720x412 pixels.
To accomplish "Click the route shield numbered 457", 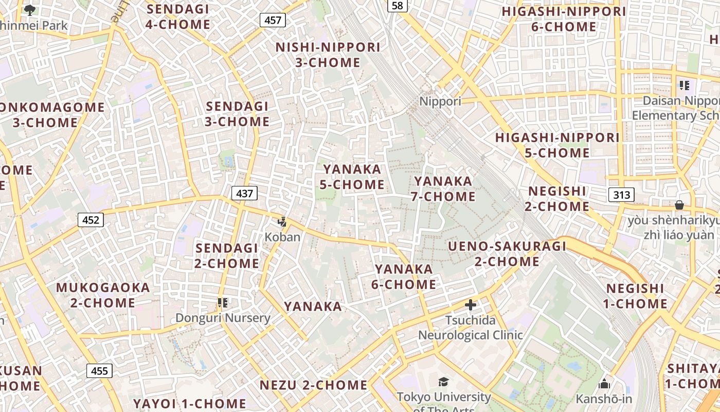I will click(273, 20).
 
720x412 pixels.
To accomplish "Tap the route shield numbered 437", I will click(244, 193).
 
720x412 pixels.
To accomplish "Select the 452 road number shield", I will click(91, 220).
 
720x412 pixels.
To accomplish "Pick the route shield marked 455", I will click(99, 371).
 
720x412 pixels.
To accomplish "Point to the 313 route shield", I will click(621, 195).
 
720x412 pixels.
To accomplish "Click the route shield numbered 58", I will click(397, 5).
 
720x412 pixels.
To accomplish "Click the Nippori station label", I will click(440, 101).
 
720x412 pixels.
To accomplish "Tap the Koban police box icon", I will click(282, 222).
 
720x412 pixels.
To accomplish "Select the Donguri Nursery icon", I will click(223, 303).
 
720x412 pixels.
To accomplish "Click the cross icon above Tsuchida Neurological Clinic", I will click(470, 305).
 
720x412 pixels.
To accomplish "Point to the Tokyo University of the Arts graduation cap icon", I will click(443, 382).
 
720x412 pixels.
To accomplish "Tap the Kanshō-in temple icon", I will click(604, 384).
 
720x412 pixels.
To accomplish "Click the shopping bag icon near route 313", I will click(679, 205).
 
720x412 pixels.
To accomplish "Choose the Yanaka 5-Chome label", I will click(352, 177).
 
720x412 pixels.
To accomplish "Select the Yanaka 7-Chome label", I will click(443, 188).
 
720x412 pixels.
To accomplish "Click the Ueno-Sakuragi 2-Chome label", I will click(507, 253).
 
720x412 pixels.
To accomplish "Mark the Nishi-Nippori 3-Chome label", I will click(328, 55).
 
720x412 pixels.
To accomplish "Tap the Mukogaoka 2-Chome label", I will click(103, 295).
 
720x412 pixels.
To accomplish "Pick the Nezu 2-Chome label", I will click(313, 385).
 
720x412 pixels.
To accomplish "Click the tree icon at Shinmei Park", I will click(30, 10).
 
